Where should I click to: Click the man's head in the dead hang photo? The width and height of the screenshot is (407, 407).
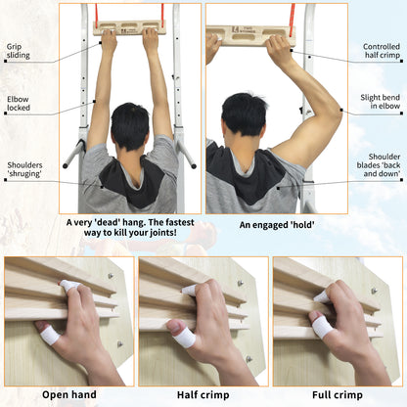click(129, 127)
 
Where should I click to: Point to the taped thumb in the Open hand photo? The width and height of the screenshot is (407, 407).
click(49, 335)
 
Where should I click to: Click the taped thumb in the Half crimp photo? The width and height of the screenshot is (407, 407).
click(184, 338)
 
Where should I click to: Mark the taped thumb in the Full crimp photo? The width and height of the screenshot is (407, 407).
click(322, 325)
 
